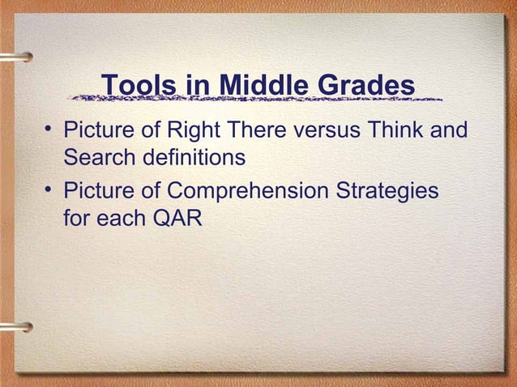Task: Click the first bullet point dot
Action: click(49, 130)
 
